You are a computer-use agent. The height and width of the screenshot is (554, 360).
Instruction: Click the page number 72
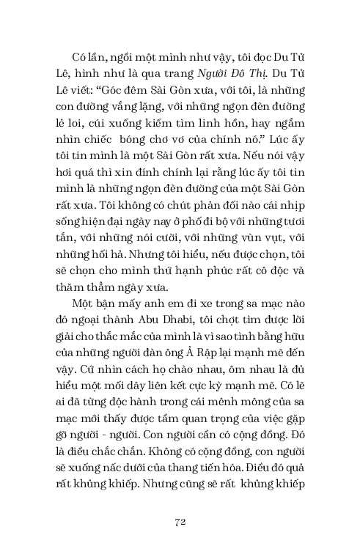pyautogui.click(x=180, y=521)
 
